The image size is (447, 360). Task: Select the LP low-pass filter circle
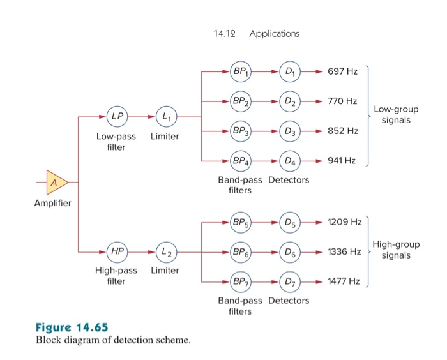(x=117, y=117)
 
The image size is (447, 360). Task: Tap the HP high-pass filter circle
(x=117, y=251)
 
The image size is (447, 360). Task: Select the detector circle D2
(x=291, y=101)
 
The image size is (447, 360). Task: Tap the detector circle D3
(x=291, y=131)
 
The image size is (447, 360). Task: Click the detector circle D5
(x=291, y=222)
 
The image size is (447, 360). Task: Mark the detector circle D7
(x=291, y=281)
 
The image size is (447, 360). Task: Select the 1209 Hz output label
(x=344, y=222)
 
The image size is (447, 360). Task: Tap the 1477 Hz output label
(x=344, y=281)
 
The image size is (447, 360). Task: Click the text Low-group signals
(x=394, y=115)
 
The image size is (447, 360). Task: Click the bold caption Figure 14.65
(x=72, y=328)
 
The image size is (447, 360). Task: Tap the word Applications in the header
(x=275, y=33)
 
